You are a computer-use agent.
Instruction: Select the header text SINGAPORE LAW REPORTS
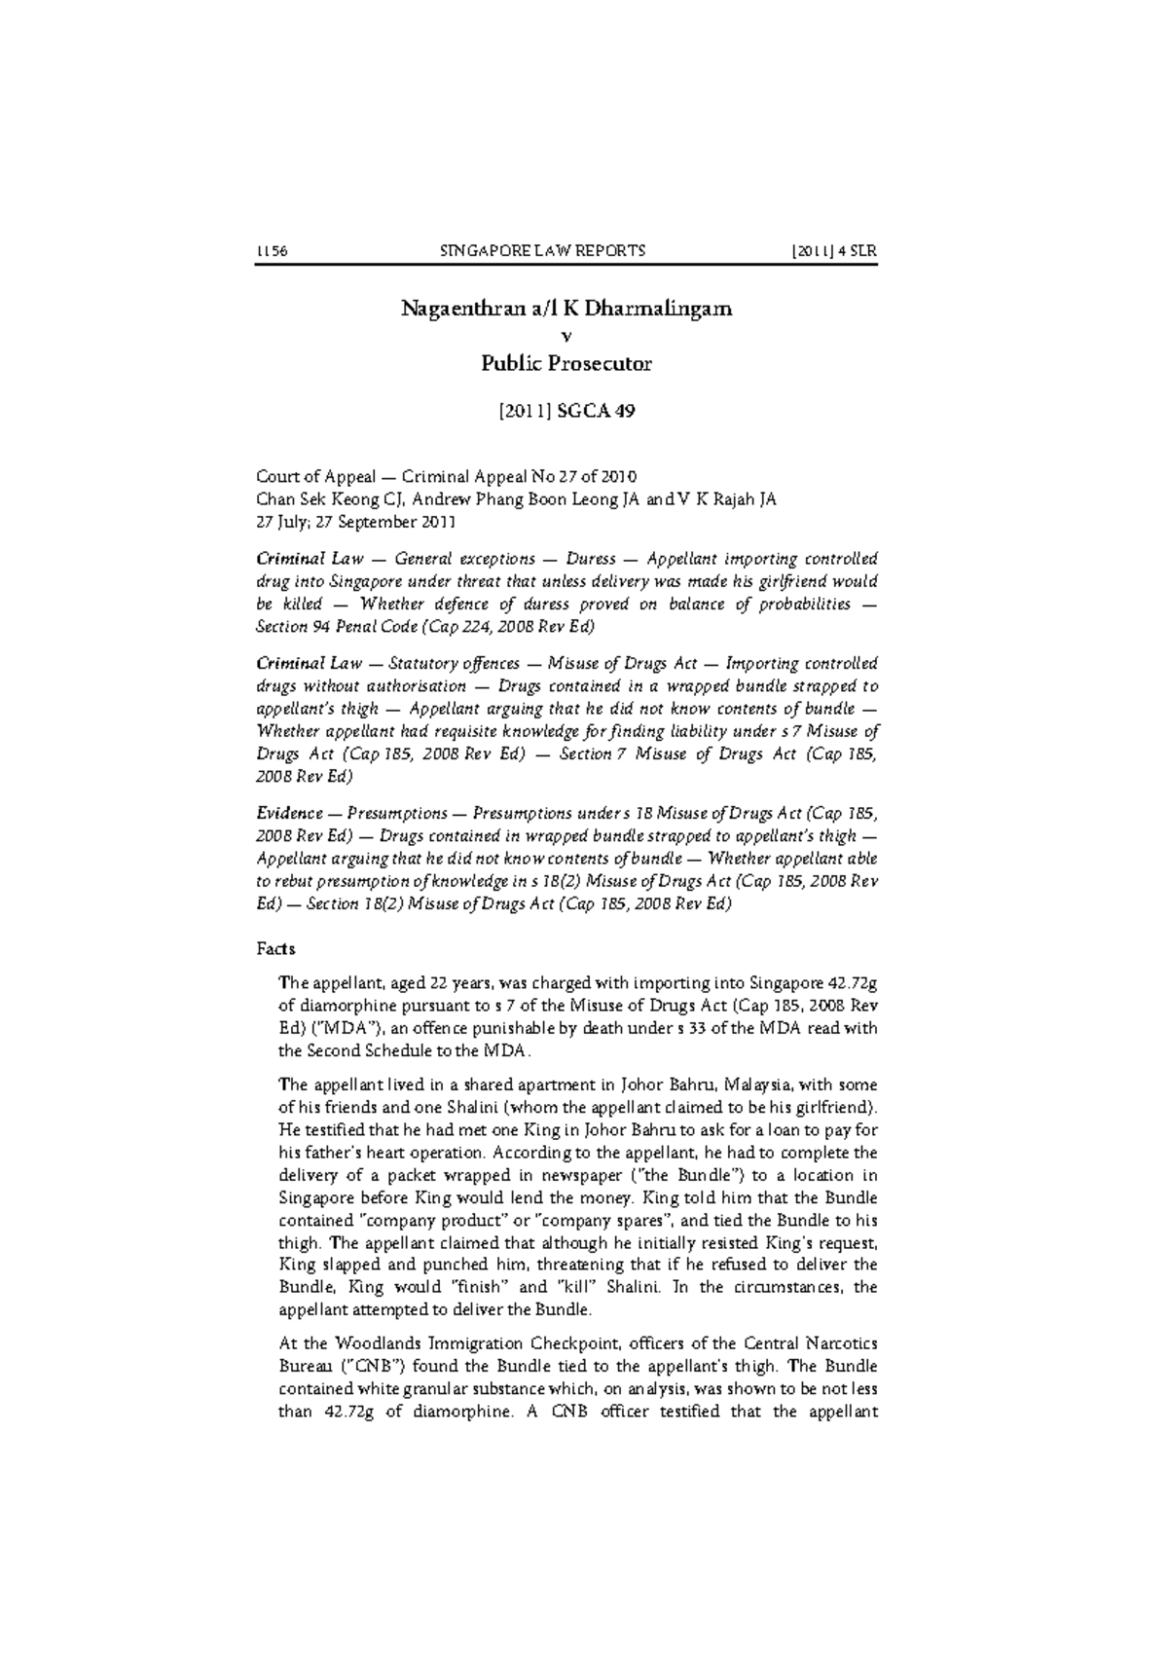[543, 250]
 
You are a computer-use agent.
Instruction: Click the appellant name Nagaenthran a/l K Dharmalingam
[567, 310]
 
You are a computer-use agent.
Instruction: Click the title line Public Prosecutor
[567, 364]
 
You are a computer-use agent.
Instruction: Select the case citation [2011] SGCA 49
[567, 411]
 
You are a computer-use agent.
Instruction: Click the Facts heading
[275, 948]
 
